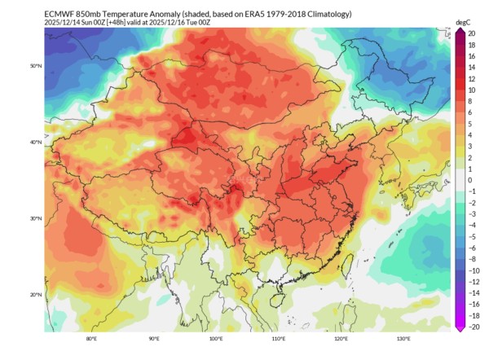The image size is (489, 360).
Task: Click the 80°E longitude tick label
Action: [91, 339]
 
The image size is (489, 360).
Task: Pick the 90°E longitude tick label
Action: [153, 339]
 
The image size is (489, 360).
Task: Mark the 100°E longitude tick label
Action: [216, 339]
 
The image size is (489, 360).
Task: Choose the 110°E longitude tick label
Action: [278, 339]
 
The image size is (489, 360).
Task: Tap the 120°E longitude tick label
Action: [341, 339]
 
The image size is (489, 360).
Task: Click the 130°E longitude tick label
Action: [403, 339]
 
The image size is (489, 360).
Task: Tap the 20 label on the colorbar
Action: [472, 33]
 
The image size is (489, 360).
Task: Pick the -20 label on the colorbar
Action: [472, 327]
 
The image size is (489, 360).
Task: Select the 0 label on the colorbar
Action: [470, 180]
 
